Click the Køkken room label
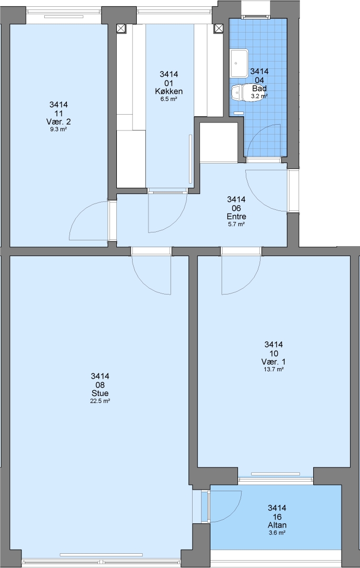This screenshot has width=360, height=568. [168, 92]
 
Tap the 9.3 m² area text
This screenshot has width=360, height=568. [58, 129]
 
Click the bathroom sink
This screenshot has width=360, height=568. [239, 63]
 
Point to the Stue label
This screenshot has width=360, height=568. [100, 393]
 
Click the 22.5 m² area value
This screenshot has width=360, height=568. [100, 401]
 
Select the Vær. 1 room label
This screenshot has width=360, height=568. [273, 362]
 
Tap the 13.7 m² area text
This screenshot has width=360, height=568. [273, 370]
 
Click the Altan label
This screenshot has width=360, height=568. [277, 525]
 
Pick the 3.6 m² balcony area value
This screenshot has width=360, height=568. [277, 533]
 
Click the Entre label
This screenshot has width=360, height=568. [236, 217]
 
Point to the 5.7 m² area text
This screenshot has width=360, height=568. [236, 224]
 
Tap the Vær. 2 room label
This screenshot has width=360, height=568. [58, 121]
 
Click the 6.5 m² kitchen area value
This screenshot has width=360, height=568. [168, 99]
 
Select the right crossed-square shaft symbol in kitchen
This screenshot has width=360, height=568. [218, 28]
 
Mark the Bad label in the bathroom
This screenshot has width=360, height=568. [259, 88]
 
